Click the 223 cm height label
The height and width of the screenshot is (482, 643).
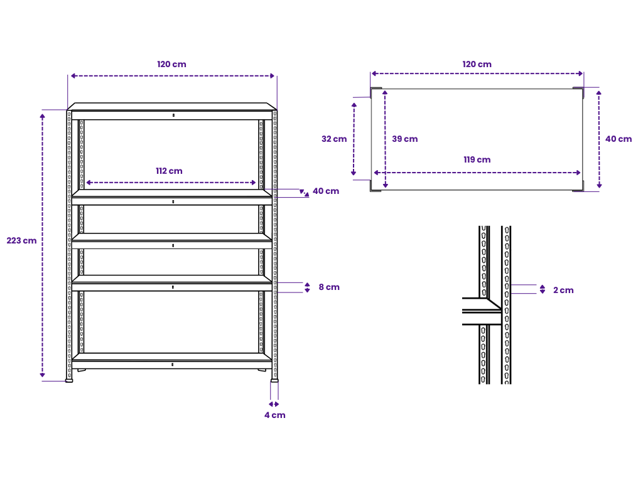(21, 240)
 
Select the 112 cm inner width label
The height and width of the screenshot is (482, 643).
(170, 171)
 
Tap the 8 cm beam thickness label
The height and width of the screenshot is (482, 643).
(329, 287)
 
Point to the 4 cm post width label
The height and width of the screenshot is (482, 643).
(274, 415)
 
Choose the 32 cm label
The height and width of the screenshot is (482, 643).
(334, 139)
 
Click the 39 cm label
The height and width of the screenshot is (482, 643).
(405, 139)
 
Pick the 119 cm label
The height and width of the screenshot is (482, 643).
(477, 159)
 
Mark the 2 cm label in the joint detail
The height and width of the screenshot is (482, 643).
(563, 290)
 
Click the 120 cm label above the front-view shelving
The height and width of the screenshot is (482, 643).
(171, 64)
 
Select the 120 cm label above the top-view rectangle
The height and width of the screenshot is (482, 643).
(477, 64)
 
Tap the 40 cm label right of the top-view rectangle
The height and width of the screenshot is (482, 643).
(619, 139)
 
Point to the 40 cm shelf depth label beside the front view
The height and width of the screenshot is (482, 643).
(326, 191)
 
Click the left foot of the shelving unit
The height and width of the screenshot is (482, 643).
(69, 379)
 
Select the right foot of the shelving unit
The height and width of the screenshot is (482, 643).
(274, 379)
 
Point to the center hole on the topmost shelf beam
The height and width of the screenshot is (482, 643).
(173, 115)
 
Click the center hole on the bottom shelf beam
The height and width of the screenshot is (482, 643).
(173, 364)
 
